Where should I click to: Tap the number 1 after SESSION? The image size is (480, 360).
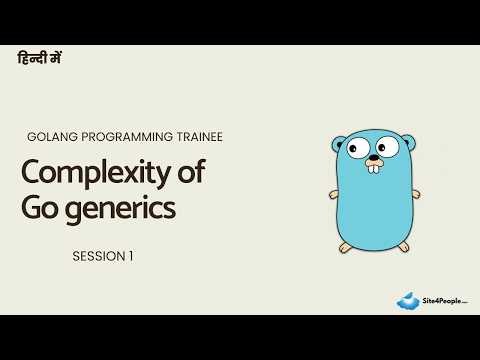131,256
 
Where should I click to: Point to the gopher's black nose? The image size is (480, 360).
371,157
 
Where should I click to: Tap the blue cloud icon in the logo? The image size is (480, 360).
408,300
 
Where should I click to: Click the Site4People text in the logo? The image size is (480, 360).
442,299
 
